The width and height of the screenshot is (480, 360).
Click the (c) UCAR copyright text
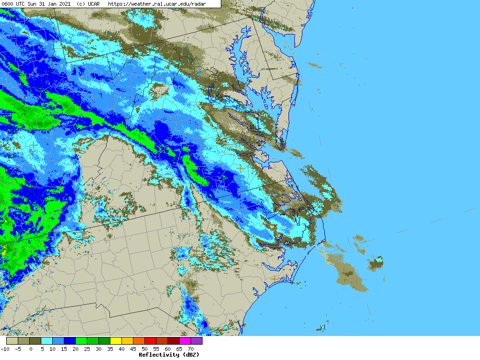[88, 4]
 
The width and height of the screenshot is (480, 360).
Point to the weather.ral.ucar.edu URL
[156, 4]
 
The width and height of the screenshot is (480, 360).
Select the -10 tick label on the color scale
[5, 349]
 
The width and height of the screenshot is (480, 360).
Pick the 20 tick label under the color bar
[75, 349]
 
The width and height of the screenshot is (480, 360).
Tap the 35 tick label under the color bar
[110, 349]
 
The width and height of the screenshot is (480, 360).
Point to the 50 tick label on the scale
[144, 349]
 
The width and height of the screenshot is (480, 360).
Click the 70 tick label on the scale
[191, 349]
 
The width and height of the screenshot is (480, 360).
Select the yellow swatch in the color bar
[116, 341]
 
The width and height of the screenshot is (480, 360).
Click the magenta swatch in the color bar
[185, 341]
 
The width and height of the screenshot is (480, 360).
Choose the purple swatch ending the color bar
[196, 341]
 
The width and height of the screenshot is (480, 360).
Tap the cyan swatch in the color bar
[47, 341]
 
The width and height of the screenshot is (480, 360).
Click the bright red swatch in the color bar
[150, 341]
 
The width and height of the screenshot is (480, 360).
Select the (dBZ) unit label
[189, 355]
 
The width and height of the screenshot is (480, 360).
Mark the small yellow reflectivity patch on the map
[5, 251]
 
